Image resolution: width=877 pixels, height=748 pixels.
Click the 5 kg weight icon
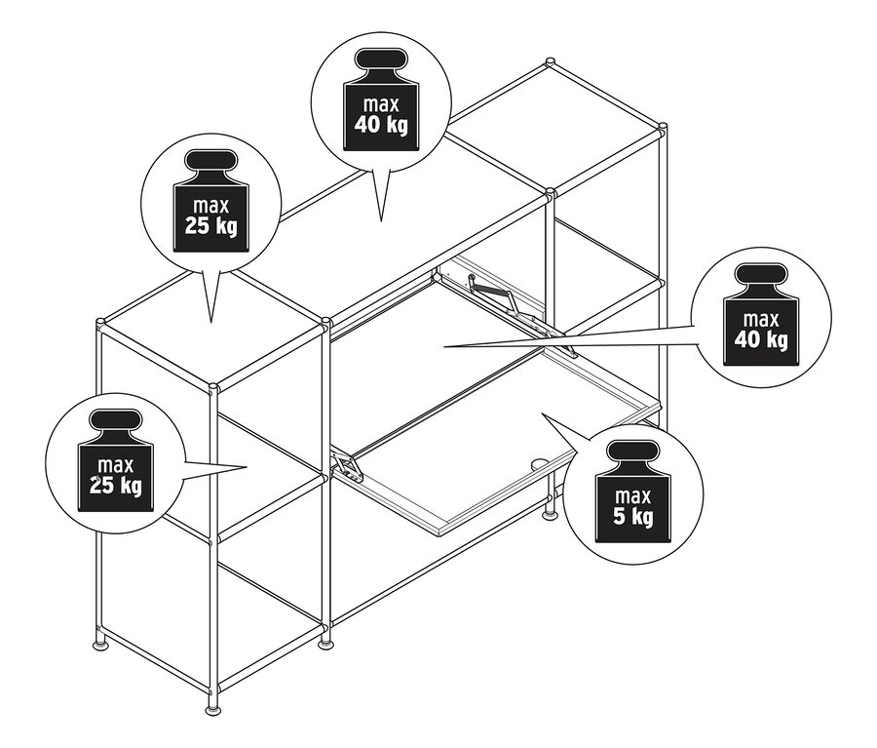coord(632,492)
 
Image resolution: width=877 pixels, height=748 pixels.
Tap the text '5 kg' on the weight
coord(632,516)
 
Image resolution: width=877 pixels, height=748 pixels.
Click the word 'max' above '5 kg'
coord(632,496)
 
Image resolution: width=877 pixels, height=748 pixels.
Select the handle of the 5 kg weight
coord(632,452)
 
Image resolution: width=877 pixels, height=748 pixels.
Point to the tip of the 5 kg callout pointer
coord(542,413)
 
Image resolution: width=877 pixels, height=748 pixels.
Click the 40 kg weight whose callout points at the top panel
coord(381,99)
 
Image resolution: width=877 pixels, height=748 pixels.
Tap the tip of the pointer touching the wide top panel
coord(381,220)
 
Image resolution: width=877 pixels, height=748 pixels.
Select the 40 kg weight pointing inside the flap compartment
coord(761,315)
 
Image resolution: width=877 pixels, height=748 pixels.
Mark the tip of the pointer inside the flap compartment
coord(444,347)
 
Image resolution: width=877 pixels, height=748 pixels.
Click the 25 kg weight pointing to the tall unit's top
coord(210,201)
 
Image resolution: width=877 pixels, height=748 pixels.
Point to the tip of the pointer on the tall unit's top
coord(210,322)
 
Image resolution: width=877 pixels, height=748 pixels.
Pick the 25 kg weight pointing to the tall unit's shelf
coord(116,460)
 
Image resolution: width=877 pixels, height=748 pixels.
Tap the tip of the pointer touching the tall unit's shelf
coord(247,466)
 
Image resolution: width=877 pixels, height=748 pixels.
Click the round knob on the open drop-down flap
coord(538,465)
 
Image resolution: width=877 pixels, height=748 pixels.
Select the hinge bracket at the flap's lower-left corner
coord(347,466)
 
